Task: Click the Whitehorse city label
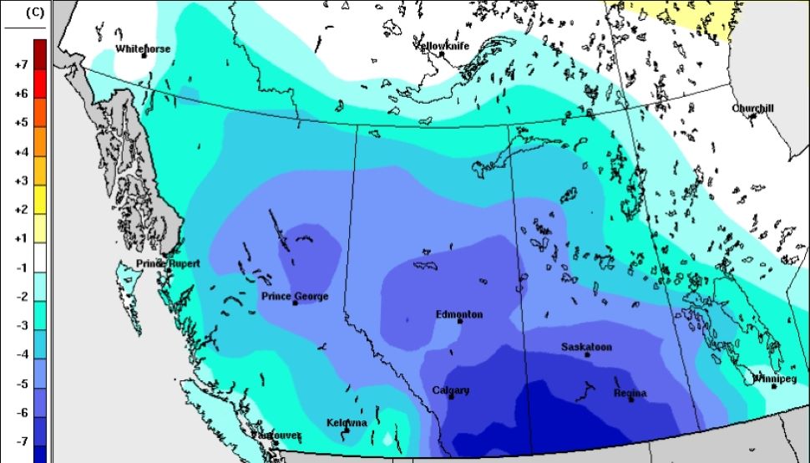click(x=143, y=48)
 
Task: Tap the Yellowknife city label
click(x=444, y=45)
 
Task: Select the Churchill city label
click(x=753, y=109)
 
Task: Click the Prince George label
click(x=295, y=296)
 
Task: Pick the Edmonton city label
click(x=459, y=314)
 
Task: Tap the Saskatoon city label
click(x=586, y=346)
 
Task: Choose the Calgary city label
click(x=451, y=390)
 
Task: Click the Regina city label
click(x=630, y=393)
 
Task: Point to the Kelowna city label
click(x=347, y=423)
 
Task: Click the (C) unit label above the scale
click(x=36, y=13)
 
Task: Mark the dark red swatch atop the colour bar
click(x=39, y=47)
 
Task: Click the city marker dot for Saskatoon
click(x=587, y=355)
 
